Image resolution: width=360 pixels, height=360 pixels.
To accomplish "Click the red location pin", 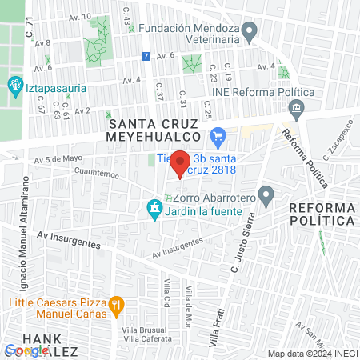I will [181, 163].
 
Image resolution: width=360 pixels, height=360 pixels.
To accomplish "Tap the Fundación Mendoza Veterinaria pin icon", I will [250, 32].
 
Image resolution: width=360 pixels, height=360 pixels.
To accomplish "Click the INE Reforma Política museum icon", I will [297, 107].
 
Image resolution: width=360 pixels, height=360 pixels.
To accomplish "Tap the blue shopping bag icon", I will [218, 135].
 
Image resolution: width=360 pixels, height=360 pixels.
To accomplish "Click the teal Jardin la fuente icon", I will [154, 210].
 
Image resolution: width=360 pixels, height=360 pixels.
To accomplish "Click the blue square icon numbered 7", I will [145, 56].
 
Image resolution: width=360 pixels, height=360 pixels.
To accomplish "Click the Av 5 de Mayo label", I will [59, 158].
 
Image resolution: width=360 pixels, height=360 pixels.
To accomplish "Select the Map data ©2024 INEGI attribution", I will [311, 354].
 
